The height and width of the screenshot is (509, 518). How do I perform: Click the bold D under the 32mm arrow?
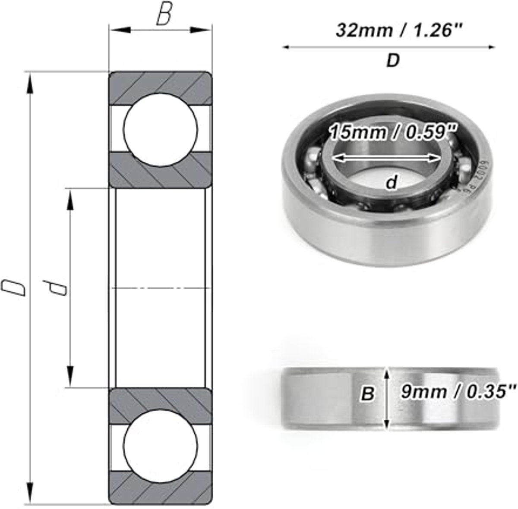(x=392, y=61)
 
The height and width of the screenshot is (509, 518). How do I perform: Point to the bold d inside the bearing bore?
(x=391, y=183)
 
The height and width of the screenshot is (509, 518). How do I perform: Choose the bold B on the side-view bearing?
(x=367, y=393)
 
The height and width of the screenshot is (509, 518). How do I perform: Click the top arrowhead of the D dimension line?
(x=30, y=82)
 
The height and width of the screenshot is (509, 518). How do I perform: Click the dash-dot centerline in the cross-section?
(x=161, y=287)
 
